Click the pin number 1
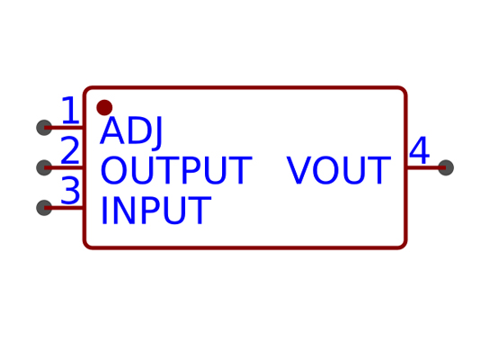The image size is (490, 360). [71, 110]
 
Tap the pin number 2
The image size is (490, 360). [70, 150]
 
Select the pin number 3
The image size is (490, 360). [70, 190]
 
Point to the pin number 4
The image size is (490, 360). [419, 150]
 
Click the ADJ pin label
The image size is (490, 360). [131, 131]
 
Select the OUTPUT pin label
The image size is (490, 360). [176, 170]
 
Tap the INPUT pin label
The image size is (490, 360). [156, 211]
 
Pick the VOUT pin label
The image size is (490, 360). [339, 170]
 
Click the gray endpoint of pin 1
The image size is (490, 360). [44, 128]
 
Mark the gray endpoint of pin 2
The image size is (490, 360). [44, 167]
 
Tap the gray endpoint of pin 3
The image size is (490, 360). [44, 208]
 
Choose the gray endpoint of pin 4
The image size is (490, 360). [446, 167]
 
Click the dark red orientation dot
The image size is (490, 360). [104, 108]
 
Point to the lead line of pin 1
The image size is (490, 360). [64, 128]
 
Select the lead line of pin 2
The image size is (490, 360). [64, 167]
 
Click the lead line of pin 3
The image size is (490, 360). [64, 208]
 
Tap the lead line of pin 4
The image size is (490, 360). [426, 167]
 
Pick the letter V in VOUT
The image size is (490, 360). [299, 170]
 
